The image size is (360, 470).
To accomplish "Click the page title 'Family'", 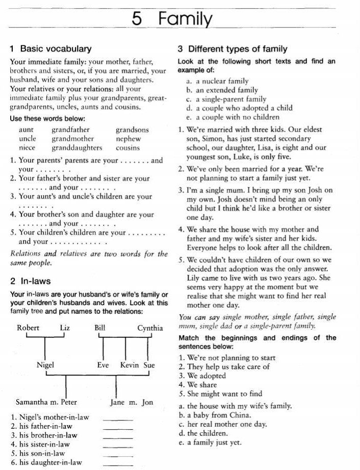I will [185, 19].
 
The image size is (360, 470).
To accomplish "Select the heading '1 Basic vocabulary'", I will [50, 49].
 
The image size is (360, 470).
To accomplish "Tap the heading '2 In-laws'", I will [30, 281].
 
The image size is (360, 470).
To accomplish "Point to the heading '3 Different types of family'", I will [233, 49].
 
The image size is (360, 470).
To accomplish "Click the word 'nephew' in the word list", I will [128, 139].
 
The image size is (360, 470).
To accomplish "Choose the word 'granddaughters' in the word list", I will [76, 148].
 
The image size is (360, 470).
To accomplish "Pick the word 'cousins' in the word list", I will [127, 148].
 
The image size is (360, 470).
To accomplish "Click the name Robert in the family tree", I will [28, 328].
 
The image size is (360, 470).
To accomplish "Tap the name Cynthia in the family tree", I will [150, 328].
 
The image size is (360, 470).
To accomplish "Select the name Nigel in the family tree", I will [45, 365].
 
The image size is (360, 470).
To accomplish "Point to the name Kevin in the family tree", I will [130, 365].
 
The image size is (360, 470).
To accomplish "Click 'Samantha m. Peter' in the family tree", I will [46, 402].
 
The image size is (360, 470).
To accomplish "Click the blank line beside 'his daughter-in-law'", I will [118, 463].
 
